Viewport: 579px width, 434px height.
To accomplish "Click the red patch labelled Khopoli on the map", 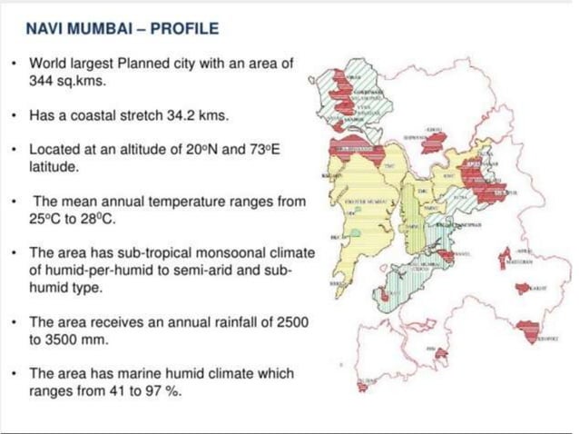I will click(530, 330).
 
